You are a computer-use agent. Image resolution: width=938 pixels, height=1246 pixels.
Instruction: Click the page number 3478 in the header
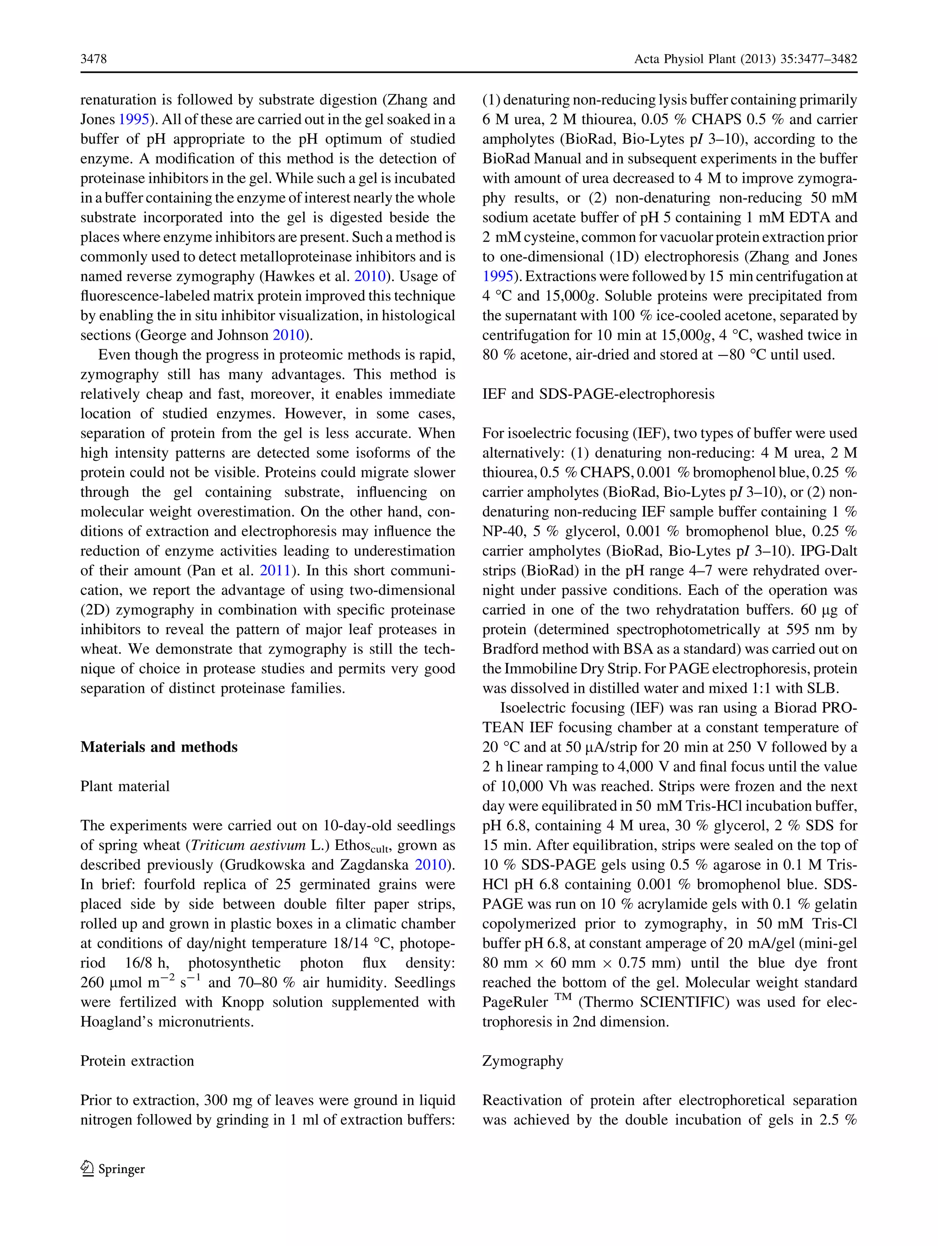[93, 59]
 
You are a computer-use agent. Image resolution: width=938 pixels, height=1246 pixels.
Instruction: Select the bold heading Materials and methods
[159, 747]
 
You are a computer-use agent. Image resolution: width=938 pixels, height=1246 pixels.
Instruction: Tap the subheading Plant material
[125, 786]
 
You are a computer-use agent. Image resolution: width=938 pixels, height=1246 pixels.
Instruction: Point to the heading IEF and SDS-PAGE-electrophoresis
[598, 394]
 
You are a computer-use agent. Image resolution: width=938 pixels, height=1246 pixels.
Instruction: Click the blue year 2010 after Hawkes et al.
[369, 276]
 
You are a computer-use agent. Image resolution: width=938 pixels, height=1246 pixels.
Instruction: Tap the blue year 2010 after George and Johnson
[289, 335]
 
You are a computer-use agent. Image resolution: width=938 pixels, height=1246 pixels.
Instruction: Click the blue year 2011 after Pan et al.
[275, 571]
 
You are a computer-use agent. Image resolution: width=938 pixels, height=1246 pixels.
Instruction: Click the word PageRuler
[514, 1002]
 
